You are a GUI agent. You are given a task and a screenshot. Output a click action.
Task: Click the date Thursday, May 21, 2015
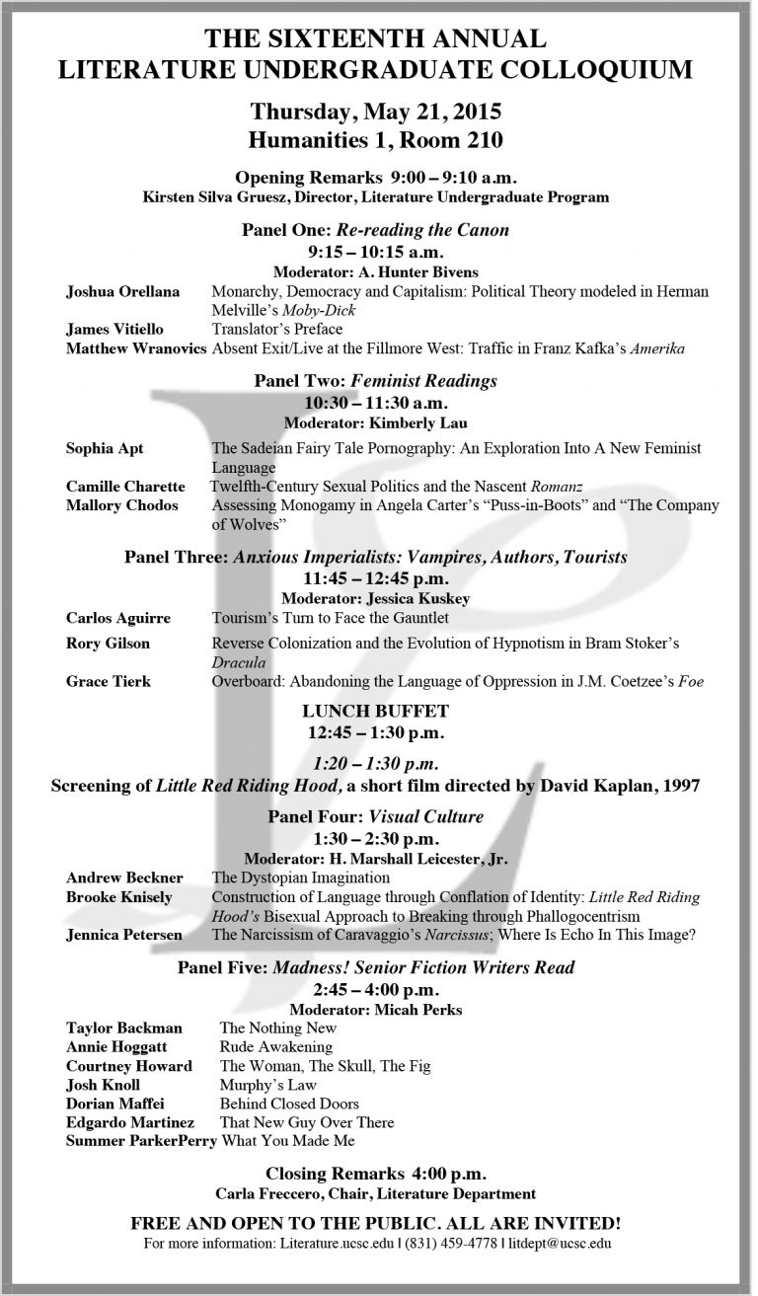[x=375, y=110]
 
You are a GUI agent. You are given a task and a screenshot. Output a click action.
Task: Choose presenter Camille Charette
[x=124, y=487]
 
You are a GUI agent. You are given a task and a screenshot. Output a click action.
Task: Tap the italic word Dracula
[x=238, y=662]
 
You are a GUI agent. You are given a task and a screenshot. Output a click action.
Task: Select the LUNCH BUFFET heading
[x=375, y=711]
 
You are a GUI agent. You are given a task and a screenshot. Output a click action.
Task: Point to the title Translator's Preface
[x=277, y=329]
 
